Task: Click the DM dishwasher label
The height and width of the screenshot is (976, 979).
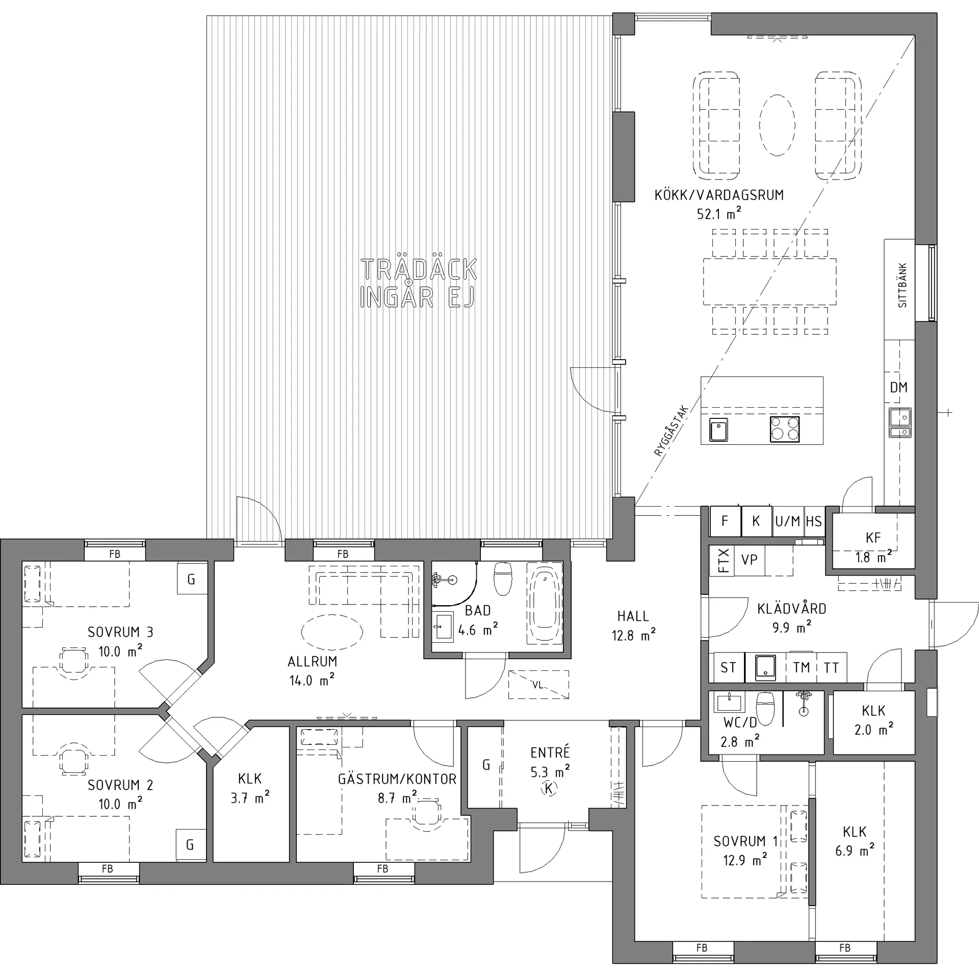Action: tap(898, 388)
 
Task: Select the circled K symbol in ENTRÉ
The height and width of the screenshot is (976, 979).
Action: tap(549, 789)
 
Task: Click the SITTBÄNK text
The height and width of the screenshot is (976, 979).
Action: tap(903, 285)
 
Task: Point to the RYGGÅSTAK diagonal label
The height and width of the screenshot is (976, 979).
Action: tap(671, 431)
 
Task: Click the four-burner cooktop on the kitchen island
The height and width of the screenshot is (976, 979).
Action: tap(785, 429)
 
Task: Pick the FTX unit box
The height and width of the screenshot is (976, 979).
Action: tap(723, 561)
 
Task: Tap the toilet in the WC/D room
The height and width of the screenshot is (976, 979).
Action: tap(765, 707)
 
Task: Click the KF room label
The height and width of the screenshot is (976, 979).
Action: tap(873, 537)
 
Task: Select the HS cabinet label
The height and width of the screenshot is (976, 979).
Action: tap(814, 521)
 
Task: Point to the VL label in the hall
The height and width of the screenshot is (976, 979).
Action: tap(538, 685)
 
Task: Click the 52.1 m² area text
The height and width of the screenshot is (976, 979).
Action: tap(719, 214)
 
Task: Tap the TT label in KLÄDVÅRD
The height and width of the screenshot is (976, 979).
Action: tap(831, 668)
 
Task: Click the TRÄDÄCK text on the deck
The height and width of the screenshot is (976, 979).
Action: tap(419, 269)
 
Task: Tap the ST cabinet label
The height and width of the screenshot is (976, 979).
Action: tap(728, 668)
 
